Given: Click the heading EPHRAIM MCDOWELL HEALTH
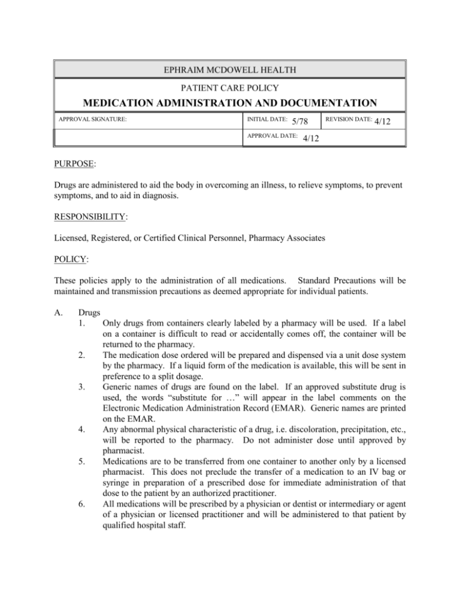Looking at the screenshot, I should (229, 69).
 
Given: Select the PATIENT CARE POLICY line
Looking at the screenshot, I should (229, 88).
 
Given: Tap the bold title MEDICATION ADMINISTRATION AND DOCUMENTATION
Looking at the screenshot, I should (229, 104).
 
